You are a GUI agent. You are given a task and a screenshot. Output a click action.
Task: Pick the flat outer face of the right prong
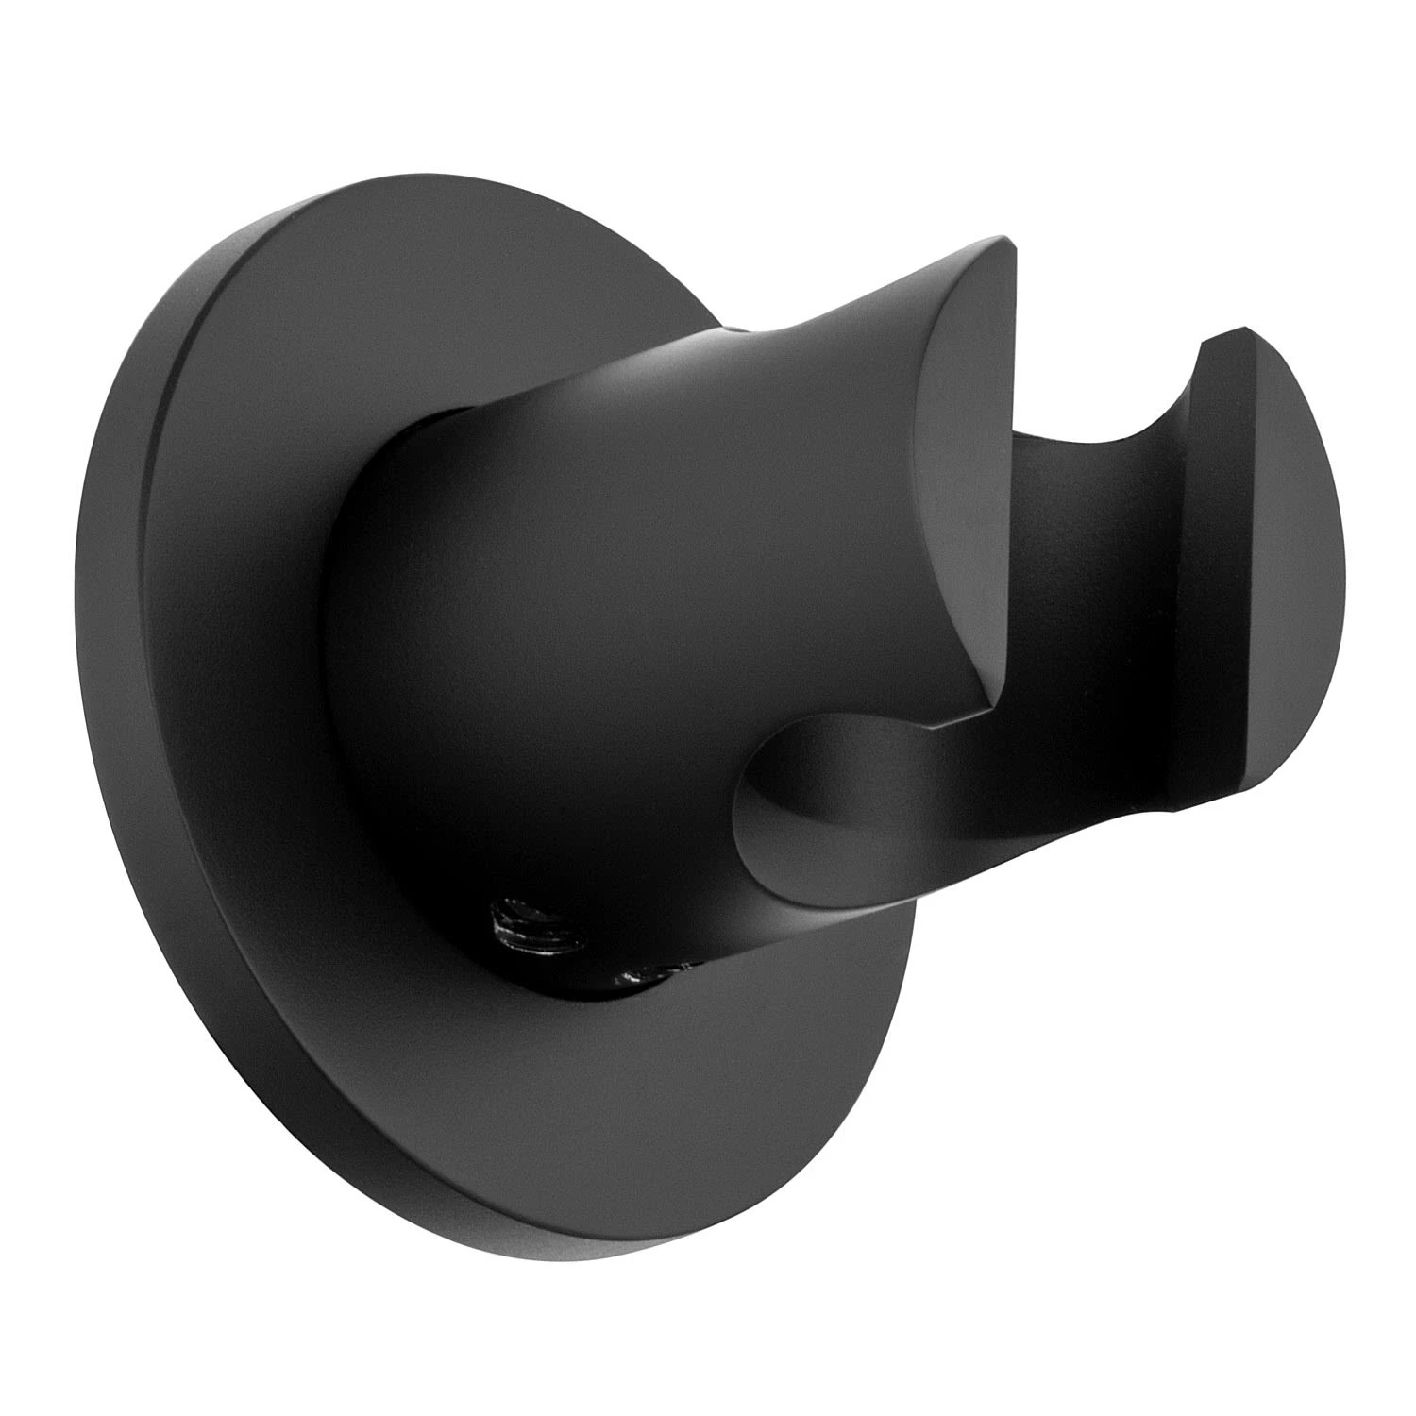point(1265,585)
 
